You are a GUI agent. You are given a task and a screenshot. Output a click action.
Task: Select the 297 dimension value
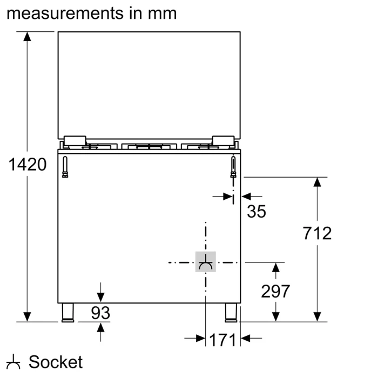point(275,291)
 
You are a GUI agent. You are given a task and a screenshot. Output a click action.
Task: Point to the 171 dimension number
point(222,340)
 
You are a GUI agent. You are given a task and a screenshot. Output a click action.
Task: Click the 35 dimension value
point(256,212)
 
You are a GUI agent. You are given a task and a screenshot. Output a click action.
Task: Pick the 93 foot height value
point(100,313)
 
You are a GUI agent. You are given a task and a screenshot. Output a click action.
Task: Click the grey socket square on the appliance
point(206,262)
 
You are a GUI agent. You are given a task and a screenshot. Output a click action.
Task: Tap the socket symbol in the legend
point(13,362)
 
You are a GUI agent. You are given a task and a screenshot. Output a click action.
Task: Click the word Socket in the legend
point(56,362)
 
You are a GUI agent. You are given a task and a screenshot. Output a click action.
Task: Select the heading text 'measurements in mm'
point(92,13)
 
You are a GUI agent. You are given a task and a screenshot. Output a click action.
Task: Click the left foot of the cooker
point(67,313)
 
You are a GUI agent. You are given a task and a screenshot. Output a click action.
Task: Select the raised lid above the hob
point(148,84)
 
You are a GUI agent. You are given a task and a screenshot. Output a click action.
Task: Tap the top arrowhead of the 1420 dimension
point(27,37)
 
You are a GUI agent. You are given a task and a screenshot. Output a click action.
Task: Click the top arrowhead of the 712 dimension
point(318,182)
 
